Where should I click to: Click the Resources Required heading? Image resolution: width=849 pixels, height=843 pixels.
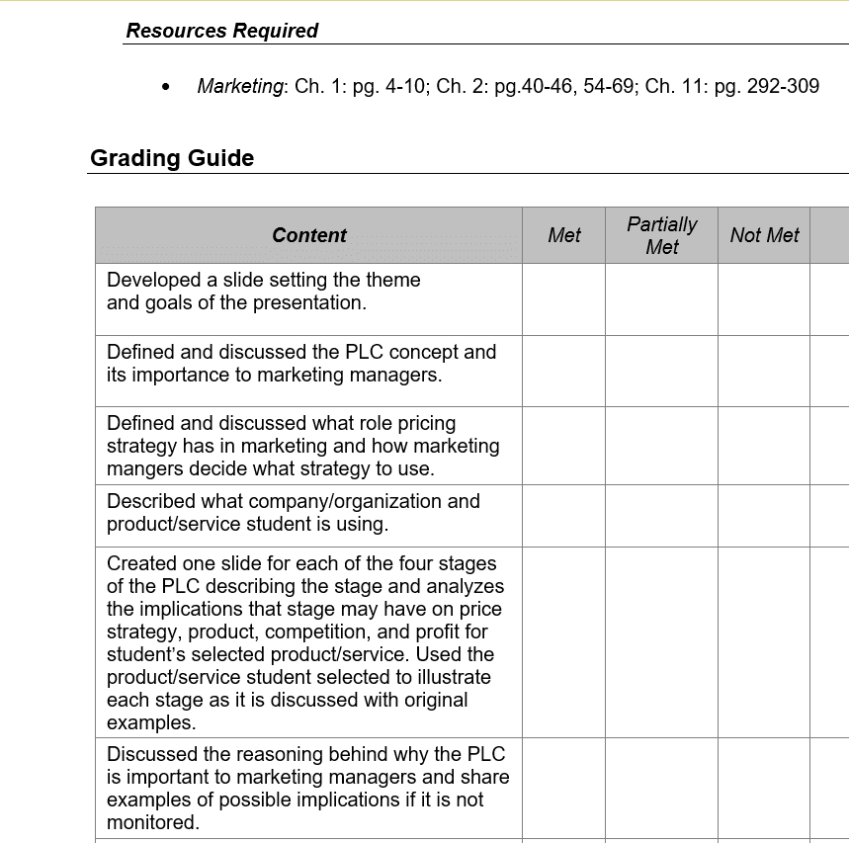(x=221, y=31)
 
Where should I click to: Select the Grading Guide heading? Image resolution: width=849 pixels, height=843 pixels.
(x=172, y=158)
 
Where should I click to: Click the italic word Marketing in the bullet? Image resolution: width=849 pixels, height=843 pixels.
(x=240, y=86)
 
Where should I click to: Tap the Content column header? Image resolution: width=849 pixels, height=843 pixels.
(x=308, y=235)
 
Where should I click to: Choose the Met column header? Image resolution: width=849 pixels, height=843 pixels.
(x=563, y=235)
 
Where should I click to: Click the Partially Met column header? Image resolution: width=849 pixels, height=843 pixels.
(x=661, y=235)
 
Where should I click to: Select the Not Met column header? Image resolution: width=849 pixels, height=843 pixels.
(x=764, y=235)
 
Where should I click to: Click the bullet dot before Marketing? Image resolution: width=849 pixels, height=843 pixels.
(x=165, y=87)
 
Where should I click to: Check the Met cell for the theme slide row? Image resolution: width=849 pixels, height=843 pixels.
(x=563, y=298)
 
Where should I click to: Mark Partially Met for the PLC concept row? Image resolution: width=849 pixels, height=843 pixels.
(x=661, y=371)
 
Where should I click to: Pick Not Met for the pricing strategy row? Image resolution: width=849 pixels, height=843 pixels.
(x=764, y=445)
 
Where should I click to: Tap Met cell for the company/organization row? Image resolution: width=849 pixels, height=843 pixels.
(x=563, y=515)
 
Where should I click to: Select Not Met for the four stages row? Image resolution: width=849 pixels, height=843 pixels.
(x=764, y=642)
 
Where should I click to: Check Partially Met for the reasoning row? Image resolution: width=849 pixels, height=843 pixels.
(x=661, y=789)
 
